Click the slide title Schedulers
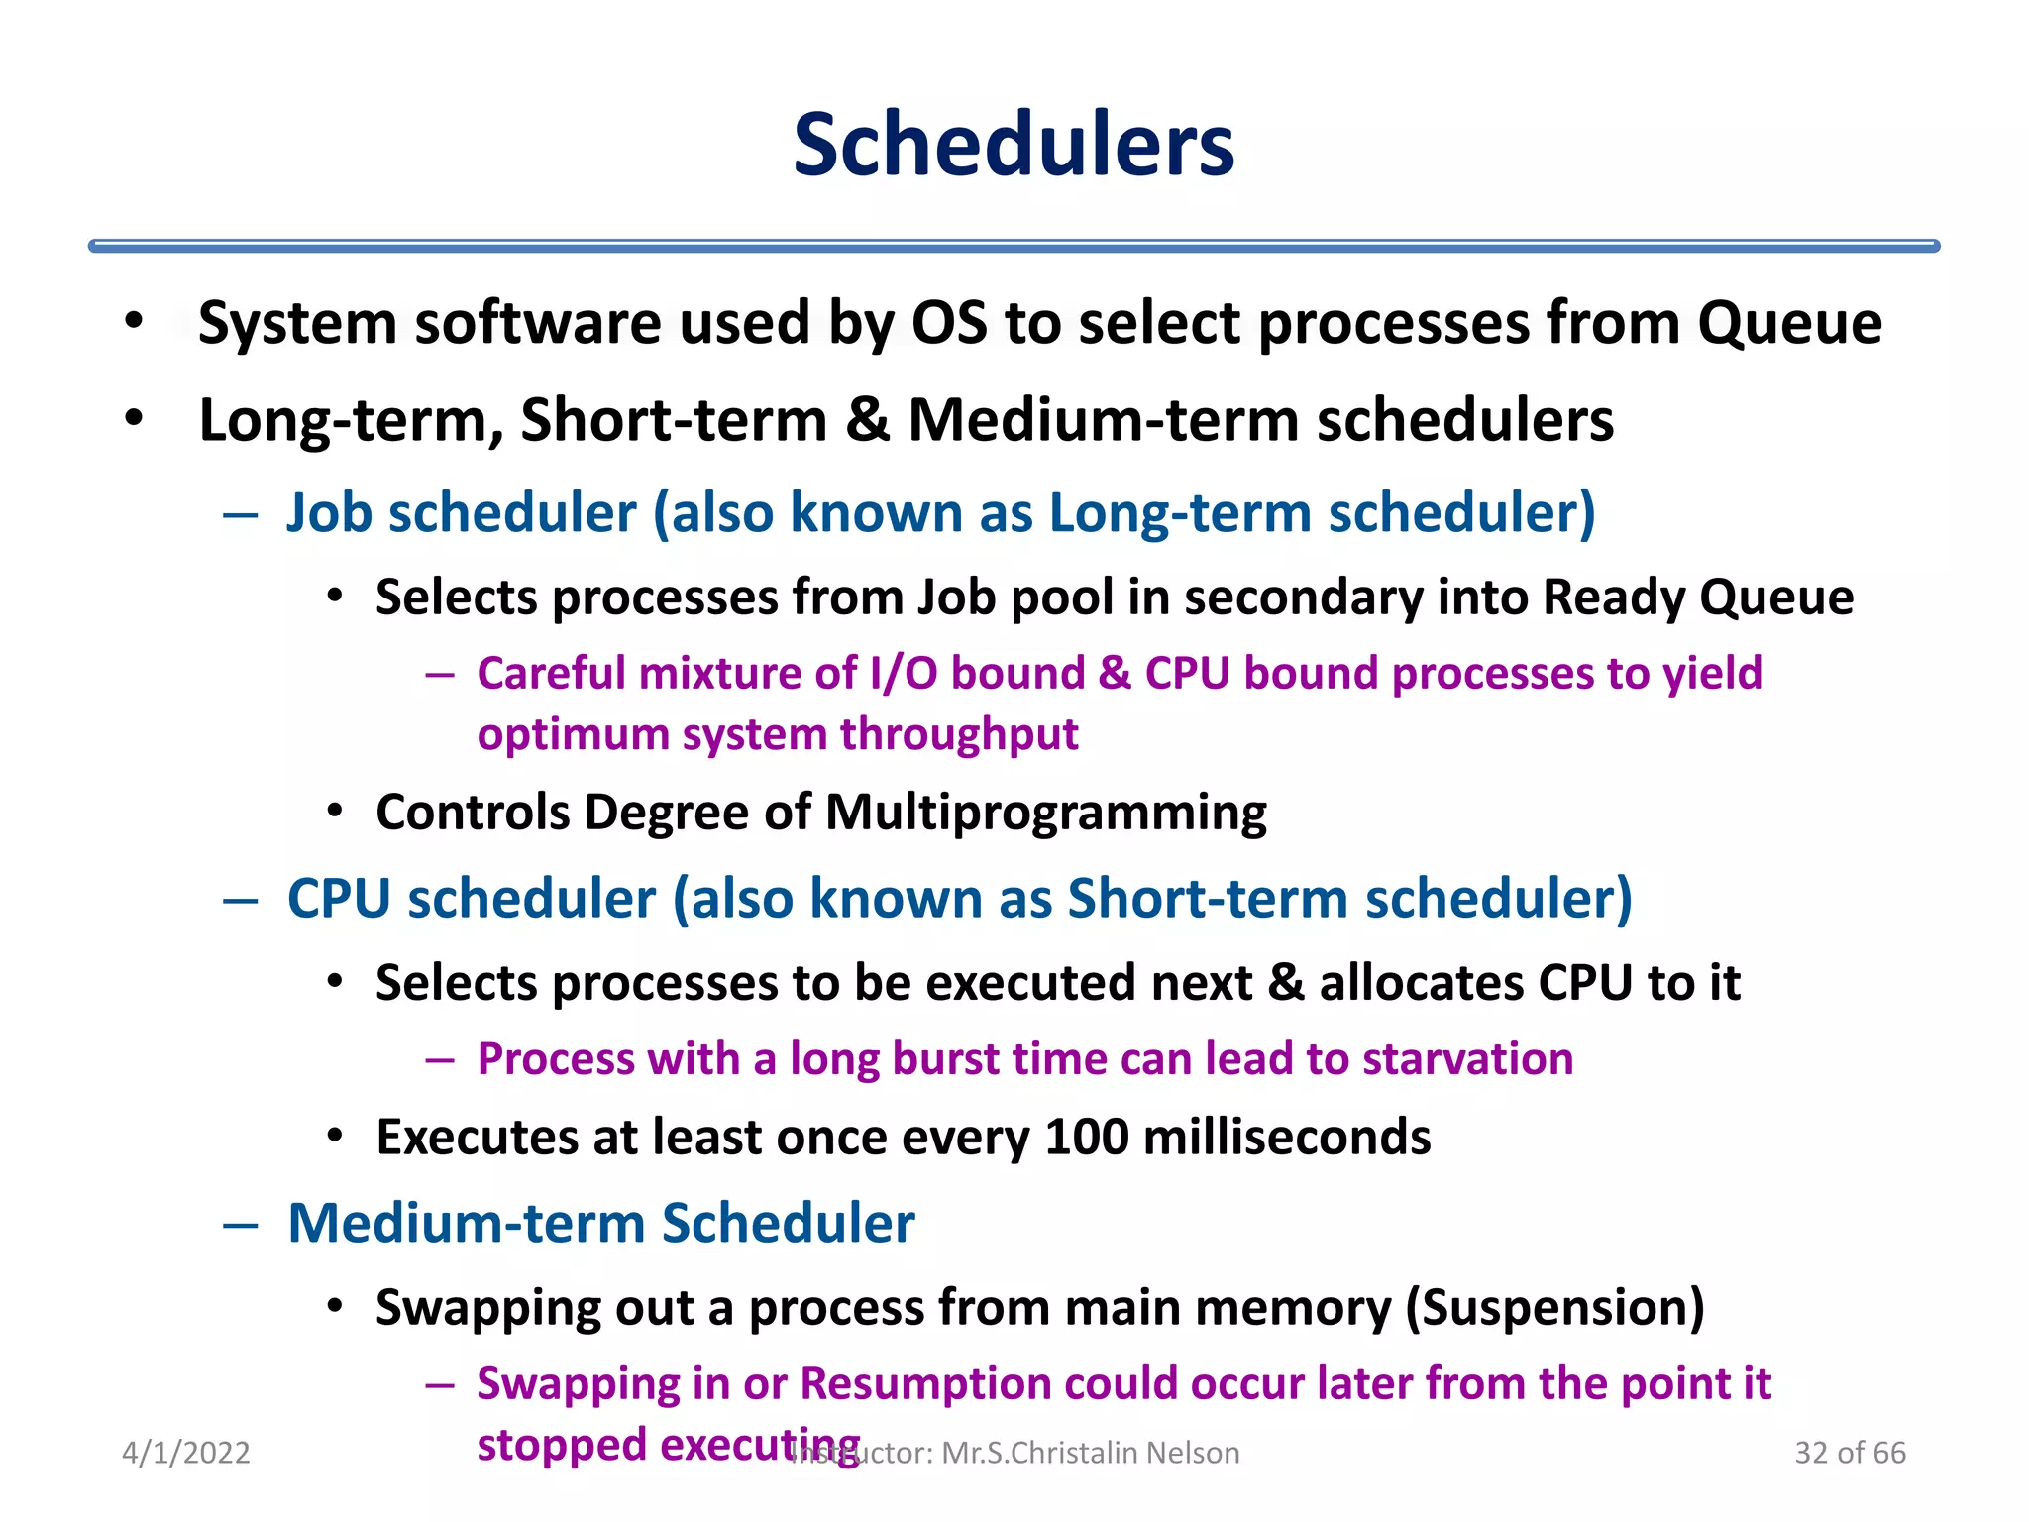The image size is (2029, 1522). [x=1014, y=145]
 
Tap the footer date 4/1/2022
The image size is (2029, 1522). [x=185, y=1453]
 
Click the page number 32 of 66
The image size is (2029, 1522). [x=1850, y=1453]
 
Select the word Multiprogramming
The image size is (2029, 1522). [x=1045, y=813]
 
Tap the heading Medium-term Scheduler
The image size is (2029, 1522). [x=600, y=1223]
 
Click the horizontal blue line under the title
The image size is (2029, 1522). [x=1014, y=246]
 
